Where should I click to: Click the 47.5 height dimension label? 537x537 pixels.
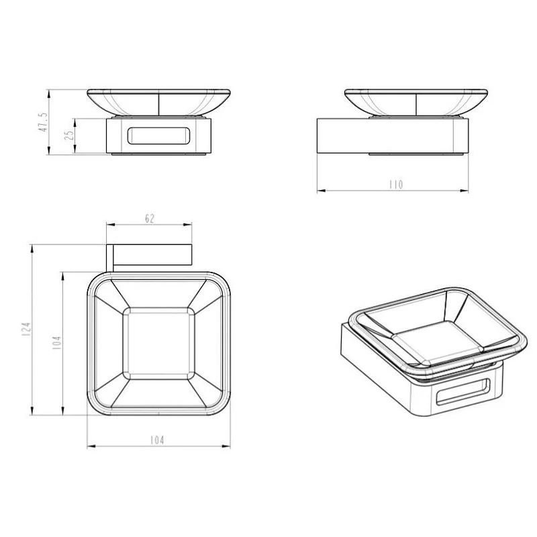43,122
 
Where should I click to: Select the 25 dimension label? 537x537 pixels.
70,135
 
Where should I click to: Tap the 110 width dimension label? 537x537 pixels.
396,185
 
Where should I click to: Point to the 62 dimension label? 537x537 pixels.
150,219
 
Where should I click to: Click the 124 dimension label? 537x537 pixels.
27,329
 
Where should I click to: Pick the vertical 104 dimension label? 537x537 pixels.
56,343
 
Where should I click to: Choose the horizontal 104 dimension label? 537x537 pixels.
157,440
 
